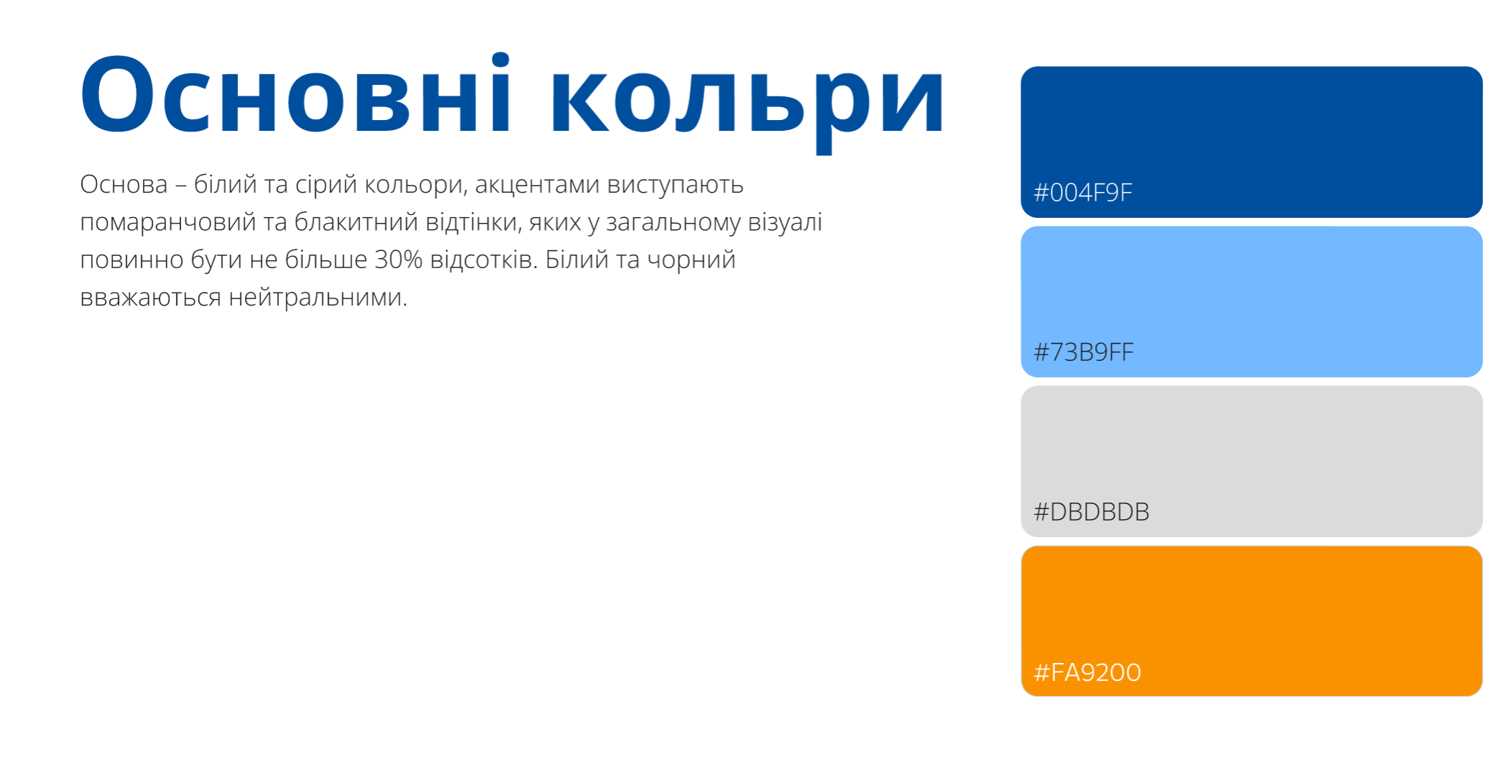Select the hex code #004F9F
(1082, 193)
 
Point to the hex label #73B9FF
(1083, 352)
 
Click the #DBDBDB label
(1091, 512)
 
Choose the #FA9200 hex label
(1087, 672)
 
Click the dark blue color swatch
(1251, 142)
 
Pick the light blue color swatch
(1251, 302)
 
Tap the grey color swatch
(1251, 462)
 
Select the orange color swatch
(1251, 621)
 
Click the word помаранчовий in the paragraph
(168, 223)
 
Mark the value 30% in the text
(398, 260)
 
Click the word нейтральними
(318, 297)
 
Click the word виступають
(675, 186)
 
